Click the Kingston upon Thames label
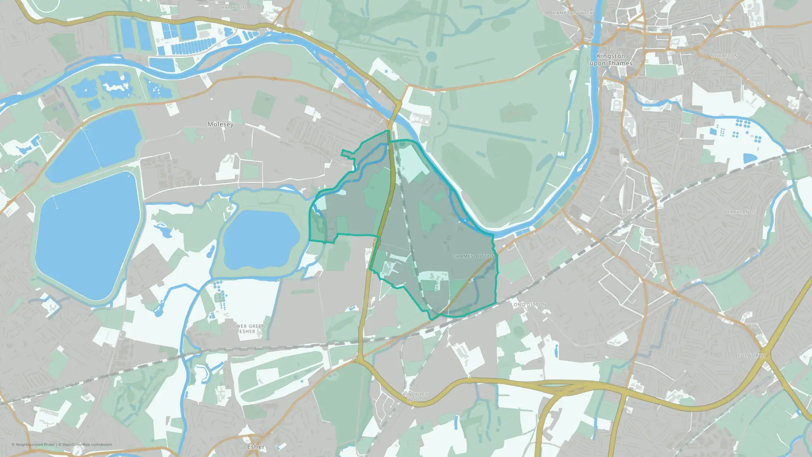(x=611, y=60)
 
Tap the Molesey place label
(x=220, y=124)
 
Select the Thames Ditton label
(x=474, y=256)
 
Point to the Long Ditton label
(x=528, y=305)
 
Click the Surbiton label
(x=628, y=212)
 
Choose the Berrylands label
(x=740, y=212)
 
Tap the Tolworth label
(x=752, y=355)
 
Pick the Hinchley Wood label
(x=415, y=397)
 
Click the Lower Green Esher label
(x=247, y=329)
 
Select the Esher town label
(x=256, y=447)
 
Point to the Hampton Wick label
(x=572, y=13)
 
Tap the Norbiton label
(x=724, y=56)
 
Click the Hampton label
(x=233, y=8)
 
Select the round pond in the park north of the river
(x=431, y=56)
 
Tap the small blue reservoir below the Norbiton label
(x=750, y=158)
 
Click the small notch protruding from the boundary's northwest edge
(x=346, y=153)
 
